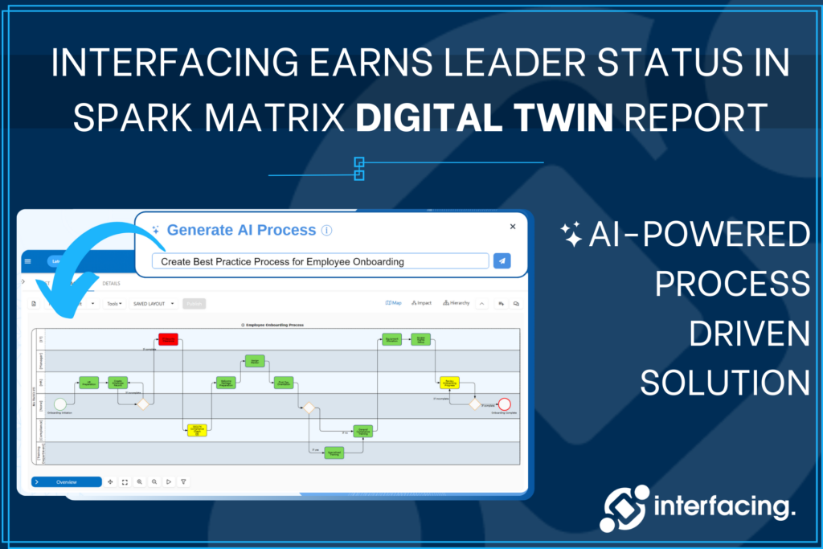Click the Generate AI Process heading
click(241, 230)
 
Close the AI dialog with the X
click(513, 227)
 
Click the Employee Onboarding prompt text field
click(320, 261)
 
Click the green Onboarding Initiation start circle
click(59, 404)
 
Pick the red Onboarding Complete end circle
click(504, 404)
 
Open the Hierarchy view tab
click(456, 303)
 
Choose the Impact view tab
click(421, 303)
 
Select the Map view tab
click(394, 303)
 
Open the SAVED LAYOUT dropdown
click(154, 304)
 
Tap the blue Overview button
click(67, 481)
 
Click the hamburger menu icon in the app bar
click(28, 261)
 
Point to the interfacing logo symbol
click(624, 508)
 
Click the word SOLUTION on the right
click(725, 383)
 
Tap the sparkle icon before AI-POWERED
click(571, 235)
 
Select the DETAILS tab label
click(111, 284)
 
